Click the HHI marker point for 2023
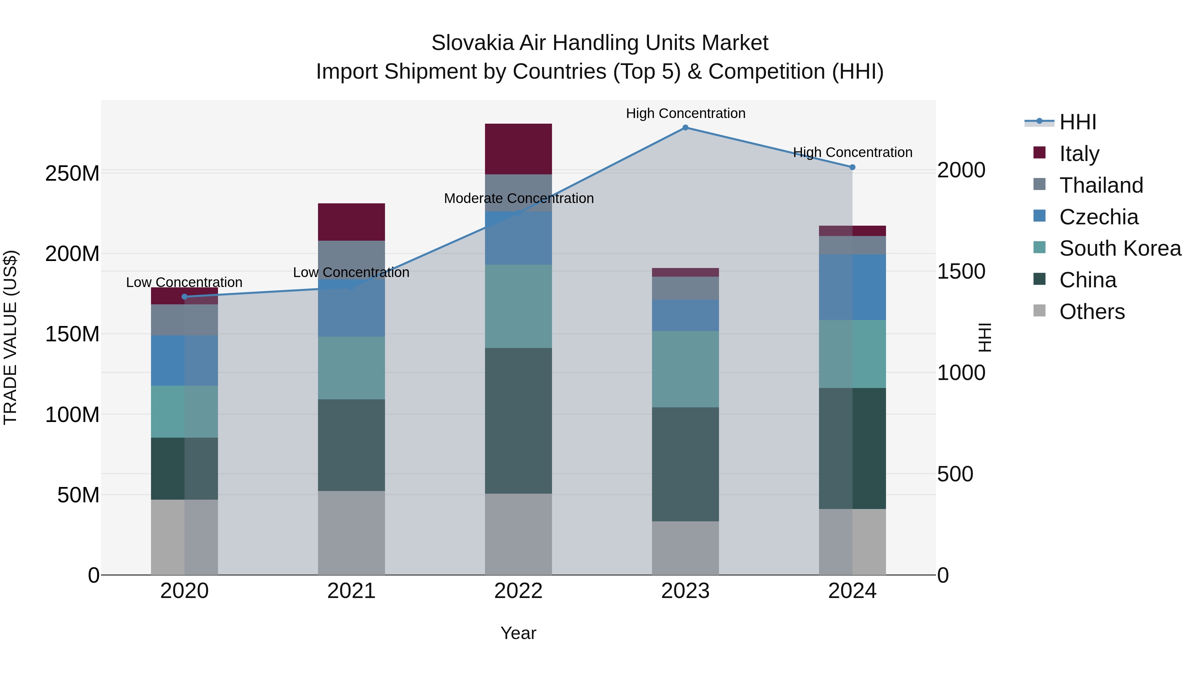[685, 128]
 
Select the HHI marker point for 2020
[184, 297]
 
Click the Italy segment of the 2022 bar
[518, 149]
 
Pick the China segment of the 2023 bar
[685, 464]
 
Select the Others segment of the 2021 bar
[351, 532]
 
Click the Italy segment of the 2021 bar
[351, 222]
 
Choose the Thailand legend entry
[1101, 185]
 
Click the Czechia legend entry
[1098, 217]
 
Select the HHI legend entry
[1077, 123]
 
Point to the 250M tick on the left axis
[72, 173]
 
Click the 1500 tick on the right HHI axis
[961, 272]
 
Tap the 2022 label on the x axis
[518, 591]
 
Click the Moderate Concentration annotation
[518, 198]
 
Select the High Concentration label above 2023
[685, 114]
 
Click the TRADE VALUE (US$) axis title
[10, 337]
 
